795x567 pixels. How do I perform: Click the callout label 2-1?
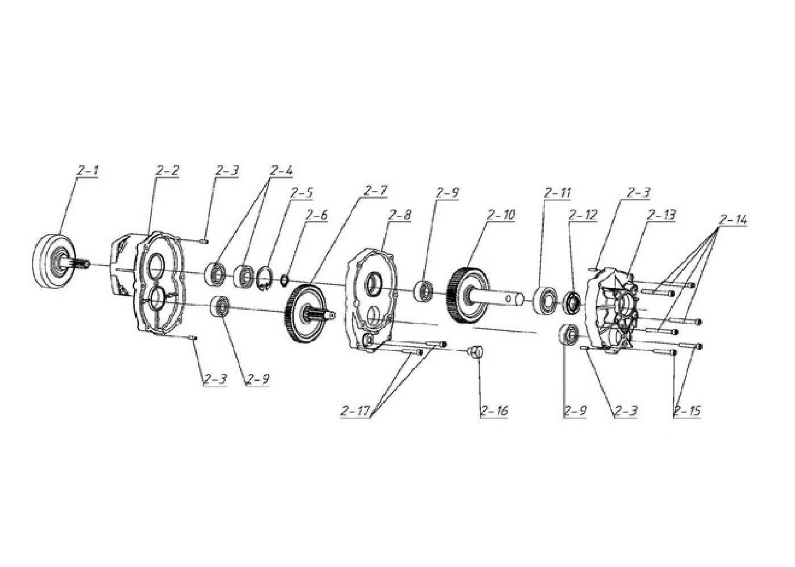pyautogui.click(x=88, y=171)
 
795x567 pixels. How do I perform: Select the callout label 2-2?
pyautogui.click(x=167, y=171)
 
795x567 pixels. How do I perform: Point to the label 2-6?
pyautogui.click(x=317, y=215)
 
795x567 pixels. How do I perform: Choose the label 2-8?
pyautogui.click(x=400, y=215)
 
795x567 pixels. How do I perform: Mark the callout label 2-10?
pyautogui.click(x=501, y=215)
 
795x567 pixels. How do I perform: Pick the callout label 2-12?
pyautogui.click(x=583, y=215)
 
